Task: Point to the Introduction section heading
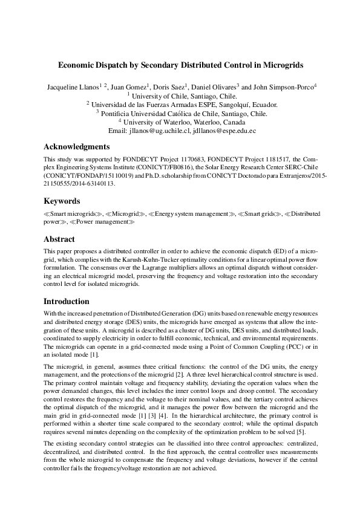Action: [67, 301]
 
